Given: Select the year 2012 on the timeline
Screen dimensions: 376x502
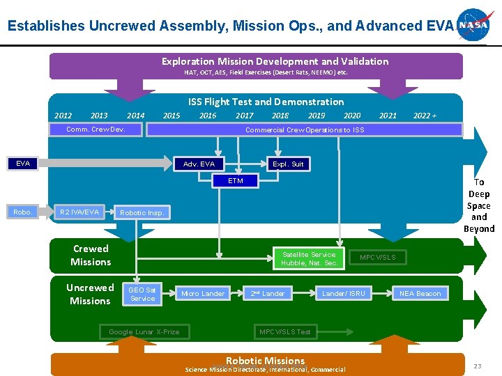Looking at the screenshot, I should click(x=63, y=116).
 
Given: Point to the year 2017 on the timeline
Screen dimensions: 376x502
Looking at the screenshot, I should click(x=244, y=116).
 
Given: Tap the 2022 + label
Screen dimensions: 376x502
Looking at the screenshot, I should click(x=425, y=116).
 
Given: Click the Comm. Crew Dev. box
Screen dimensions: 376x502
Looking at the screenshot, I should click(x=96, y=130).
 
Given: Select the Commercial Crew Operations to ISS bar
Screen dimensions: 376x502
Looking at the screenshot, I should click(x=304, y=130).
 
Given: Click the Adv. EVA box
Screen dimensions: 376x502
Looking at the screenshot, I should click(x=199, y=164).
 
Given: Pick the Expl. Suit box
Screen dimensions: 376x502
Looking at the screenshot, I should click(x=288, y=164).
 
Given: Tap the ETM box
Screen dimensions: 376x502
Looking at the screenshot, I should click(x=236, y=181).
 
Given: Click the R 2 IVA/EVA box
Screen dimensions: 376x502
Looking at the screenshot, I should click(x=79, y=212).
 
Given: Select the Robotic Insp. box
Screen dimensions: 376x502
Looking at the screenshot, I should click(x=142, y=212).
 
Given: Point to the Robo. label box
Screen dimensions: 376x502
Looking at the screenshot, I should click(x=22, y=212).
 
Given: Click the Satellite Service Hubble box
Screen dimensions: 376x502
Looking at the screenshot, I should click(x=309, y=259).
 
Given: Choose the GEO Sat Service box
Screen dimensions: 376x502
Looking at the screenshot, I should click(x=142, y=294).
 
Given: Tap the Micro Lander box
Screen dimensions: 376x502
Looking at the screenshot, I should click(x=203, y=294).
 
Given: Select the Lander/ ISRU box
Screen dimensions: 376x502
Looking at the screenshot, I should click(x=343, y=294).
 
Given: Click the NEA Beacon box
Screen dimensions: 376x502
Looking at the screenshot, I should click(x=420, y=294).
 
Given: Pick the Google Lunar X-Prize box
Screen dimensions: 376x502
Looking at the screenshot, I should click(x=144, y=331).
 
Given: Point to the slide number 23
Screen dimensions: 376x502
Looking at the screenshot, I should click(x=478, y=366).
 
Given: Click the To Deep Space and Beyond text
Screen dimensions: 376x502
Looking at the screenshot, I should click(x=479, y=205).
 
